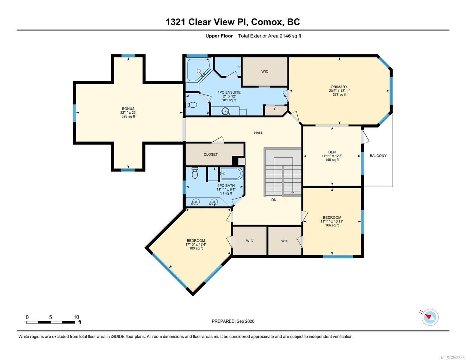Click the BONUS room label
click(128, 109)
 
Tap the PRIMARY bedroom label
click(339, 87)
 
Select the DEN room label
click(332, 152)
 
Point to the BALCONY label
click(378, 156)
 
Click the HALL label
click(258, 133)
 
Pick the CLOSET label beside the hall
click(211, 154)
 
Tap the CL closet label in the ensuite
click(276, 109)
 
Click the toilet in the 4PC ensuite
click(191, 105)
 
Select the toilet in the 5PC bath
click(195, 173)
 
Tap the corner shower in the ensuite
click(198, 70)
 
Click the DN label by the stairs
click(274, 199)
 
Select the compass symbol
click(430, 317)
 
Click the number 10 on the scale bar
click(76, 317)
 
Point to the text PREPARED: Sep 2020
click(233, 321)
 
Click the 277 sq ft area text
click(339, 94)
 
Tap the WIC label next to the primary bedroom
click(265, 71)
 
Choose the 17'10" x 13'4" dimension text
click(196, 244)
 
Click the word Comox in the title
click(266, 22)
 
